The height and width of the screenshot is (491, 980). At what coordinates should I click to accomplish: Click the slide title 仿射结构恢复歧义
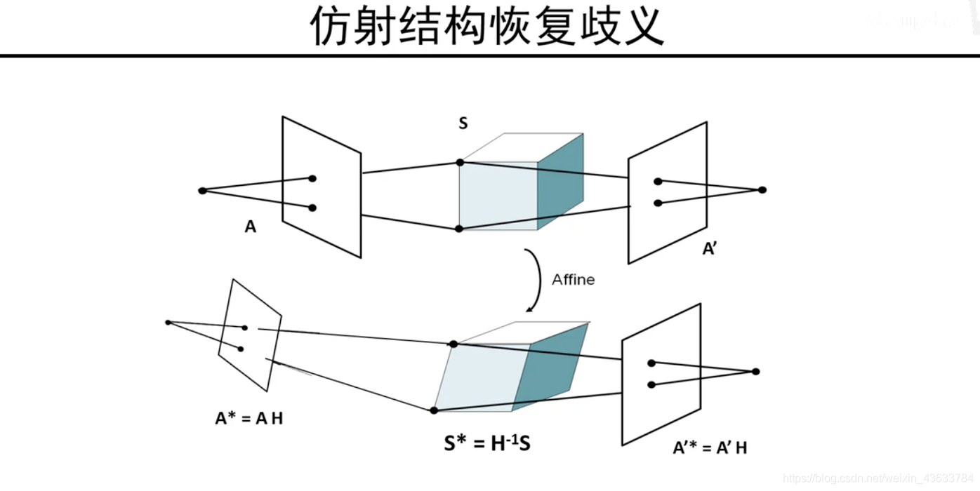[x=487, y=27]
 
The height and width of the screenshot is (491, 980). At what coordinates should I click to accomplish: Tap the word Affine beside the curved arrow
[x=573, y=280]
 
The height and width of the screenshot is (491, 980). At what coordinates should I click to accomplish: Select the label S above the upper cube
[x=463, y=124]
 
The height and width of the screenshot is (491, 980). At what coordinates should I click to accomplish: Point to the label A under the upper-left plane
[x=250, y=227]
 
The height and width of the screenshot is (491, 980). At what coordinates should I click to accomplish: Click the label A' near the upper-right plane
[x=709, y=249]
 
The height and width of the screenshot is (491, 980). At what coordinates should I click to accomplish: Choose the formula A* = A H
[x=249, y=419]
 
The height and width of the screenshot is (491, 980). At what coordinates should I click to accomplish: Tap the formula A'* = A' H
[x=710, y=448]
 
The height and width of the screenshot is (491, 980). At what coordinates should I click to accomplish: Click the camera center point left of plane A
[x=202, y=191]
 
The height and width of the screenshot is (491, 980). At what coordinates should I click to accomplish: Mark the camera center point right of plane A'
[x=762, y=190]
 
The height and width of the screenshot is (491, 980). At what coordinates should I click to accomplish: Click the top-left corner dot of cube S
[x=460, y=163]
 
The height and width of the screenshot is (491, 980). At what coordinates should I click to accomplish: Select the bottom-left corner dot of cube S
[x=459, y=229]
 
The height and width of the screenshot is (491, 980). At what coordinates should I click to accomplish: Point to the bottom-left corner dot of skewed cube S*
[x=434, y=410]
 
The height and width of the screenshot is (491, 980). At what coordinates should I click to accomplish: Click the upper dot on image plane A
[x=312, y=179]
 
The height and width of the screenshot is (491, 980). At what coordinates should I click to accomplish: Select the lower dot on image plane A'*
[x=651, y=384]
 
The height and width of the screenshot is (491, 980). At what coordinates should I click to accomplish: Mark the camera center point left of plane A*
[x=168, y=323]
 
